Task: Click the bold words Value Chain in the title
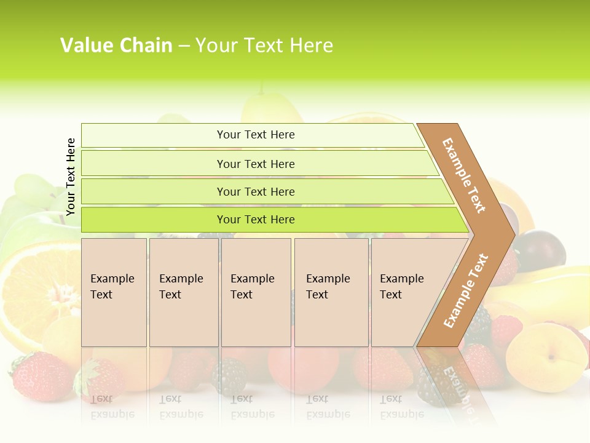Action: coord(116,46)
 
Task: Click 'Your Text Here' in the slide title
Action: coord(264,46)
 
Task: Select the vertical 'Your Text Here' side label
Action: coord(71,177)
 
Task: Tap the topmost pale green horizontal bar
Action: coord(252,135)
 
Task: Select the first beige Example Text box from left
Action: coord(114,292)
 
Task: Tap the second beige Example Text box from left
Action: coord(184,292)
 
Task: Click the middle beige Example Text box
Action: coord(256,292)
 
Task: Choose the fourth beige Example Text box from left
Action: coord(331,292)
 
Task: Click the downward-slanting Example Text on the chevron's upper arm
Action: coord(464,175)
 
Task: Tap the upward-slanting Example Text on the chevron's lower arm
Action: coord(466,290)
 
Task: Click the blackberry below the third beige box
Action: coord(230,375)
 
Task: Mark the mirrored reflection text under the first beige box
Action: coord(112,407)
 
